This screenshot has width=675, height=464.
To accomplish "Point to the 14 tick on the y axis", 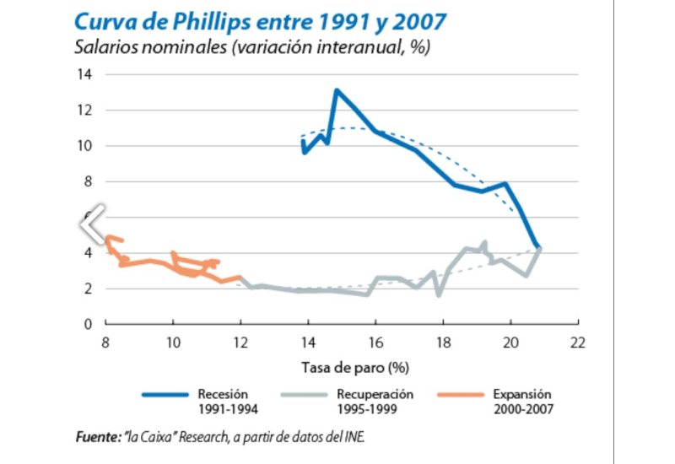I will click(86, 75).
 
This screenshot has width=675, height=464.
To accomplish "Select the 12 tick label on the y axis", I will click(86, 111).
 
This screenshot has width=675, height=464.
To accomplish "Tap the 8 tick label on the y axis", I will click(89, 181).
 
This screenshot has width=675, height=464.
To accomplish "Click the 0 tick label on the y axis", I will click(89, 324).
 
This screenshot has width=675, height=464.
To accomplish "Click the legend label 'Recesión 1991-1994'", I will click(227, 402).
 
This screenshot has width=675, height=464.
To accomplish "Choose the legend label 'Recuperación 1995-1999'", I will click(375, 402).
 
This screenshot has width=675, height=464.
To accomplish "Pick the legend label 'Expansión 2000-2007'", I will click(522, 402).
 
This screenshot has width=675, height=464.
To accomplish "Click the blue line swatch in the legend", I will click(165, 394).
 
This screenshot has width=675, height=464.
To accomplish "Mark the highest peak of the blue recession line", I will click(336, 90).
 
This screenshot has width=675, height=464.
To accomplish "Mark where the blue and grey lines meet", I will click(537, 247).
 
